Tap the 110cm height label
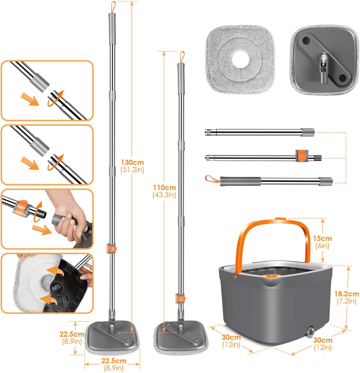pos(164,188)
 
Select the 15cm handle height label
pos(322,238)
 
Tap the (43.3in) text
pos(164,195)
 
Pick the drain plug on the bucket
pos(311,331)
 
